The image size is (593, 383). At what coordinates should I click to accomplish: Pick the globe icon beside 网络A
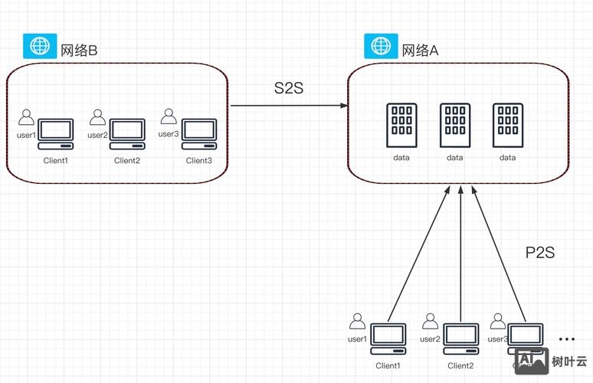pyautogui.click(x=378, y=47)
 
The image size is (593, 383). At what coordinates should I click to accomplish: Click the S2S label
pyautogui.click(x=289, y=88)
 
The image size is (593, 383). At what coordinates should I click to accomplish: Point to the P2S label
pyautogui.click(x=540, y=252)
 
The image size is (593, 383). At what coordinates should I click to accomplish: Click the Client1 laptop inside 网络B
pyautogui.click(x=56, y=133)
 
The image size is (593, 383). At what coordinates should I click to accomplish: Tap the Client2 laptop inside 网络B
pyautogui.click(x=127, y=133)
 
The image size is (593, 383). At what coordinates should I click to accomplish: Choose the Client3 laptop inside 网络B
pyautogui.click(x=199, y=133)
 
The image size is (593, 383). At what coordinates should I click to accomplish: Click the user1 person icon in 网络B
pyautogui.click(x=27, y=117)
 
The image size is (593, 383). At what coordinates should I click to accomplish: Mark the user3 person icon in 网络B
pyautogui.click(x=169, y=116)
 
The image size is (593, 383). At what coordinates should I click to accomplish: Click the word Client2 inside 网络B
pyautogui.click(x=127, y=161)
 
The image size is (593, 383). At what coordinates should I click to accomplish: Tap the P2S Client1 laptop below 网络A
pyautogui.click(x=388, y=339)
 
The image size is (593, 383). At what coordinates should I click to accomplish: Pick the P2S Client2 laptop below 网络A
pyautogui.click(x=460, y=339)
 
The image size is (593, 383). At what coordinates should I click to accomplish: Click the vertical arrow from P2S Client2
pyautogui.click(x=460, y=253)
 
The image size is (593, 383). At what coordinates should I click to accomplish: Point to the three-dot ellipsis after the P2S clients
pyautogui.click(x=567, y=339)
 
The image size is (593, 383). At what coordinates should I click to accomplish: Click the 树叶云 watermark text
pyautogui.click(x=569, y=361)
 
